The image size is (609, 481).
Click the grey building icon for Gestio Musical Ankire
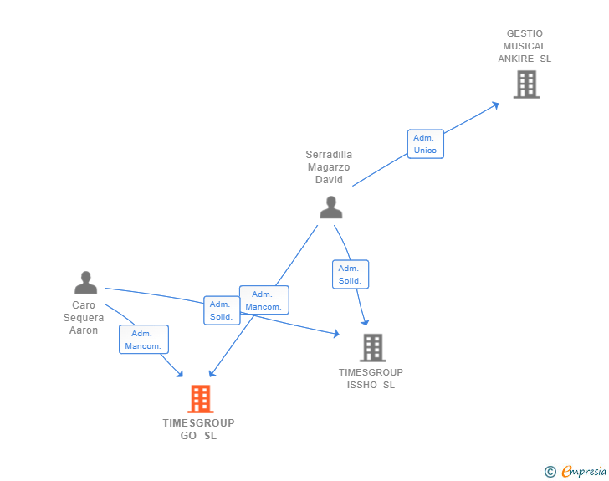coord(526,84)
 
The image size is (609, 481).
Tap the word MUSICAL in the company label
coord(525,46)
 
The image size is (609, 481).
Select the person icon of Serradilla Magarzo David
coord(331,207)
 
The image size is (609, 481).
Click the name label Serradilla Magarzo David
coord(329,167)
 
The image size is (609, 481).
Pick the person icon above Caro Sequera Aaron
coord(85,283)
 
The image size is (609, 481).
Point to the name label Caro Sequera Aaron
coord(84,318)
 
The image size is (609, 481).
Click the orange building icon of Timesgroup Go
coord(200,399)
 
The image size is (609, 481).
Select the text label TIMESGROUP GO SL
coord(198,429)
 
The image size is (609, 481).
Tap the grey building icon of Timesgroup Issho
coord(372,347)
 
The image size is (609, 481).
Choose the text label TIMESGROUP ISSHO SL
coord(371,379)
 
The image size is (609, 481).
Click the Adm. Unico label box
coord(425,144)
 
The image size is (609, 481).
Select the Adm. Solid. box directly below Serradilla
coord(350,274)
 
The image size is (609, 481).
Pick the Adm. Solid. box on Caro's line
coord(222,310)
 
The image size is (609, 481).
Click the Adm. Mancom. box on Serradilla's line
coord(264,300)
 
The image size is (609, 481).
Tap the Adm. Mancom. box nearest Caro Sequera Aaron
coord(143,340)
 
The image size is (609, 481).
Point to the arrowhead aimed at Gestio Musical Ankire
coord(495,105)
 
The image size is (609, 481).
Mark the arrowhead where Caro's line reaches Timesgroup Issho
coord(335,334)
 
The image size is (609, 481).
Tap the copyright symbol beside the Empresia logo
coord(550,473)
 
